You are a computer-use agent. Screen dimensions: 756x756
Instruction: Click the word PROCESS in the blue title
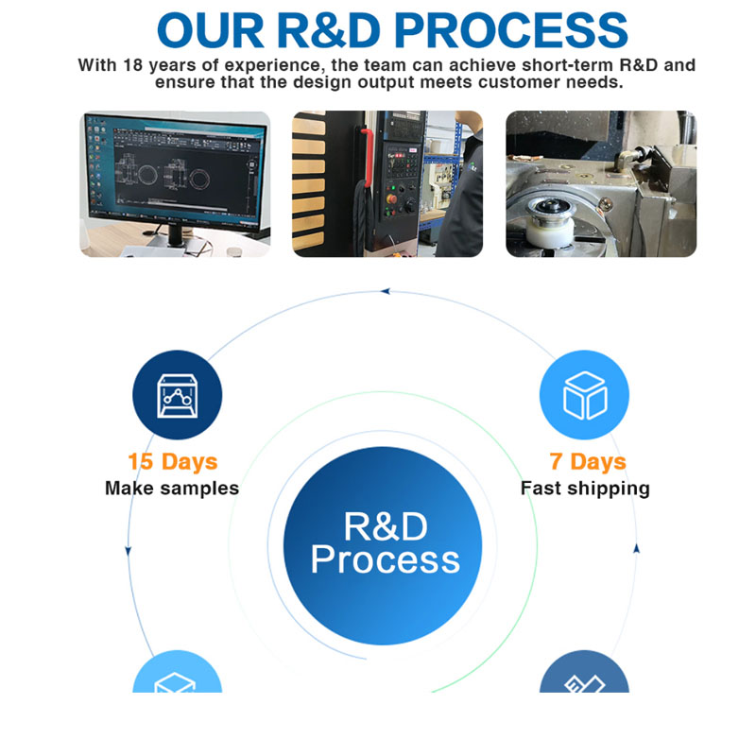511,30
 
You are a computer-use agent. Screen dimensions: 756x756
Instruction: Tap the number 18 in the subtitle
133,65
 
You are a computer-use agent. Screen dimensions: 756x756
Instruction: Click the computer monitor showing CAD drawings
176,172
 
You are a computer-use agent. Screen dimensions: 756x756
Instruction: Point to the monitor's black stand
177,235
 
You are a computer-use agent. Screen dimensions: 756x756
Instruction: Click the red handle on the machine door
368,157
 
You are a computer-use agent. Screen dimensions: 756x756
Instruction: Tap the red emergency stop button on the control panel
391,198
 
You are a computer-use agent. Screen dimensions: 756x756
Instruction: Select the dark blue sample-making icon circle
178,395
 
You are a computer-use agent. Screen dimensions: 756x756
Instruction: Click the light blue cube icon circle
584,395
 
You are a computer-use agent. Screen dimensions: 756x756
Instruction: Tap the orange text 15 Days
173,461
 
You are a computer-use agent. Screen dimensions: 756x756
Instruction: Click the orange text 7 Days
588,461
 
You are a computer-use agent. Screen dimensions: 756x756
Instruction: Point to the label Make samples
172,488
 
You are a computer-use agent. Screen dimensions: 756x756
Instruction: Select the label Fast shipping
585,489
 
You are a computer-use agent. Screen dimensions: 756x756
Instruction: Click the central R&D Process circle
383,546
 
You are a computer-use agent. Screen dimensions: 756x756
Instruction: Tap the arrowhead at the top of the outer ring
385,291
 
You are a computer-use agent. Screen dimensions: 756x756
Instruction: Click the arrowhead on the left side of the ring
129,551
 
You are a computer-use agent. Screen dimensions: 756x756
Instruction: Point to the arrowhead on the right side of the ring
636,548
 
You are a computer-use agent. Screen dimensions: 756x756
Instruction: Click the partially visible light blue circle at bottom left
178,672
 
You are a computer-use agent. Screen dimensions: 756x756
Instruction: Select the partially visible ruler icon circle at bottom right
584,672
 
